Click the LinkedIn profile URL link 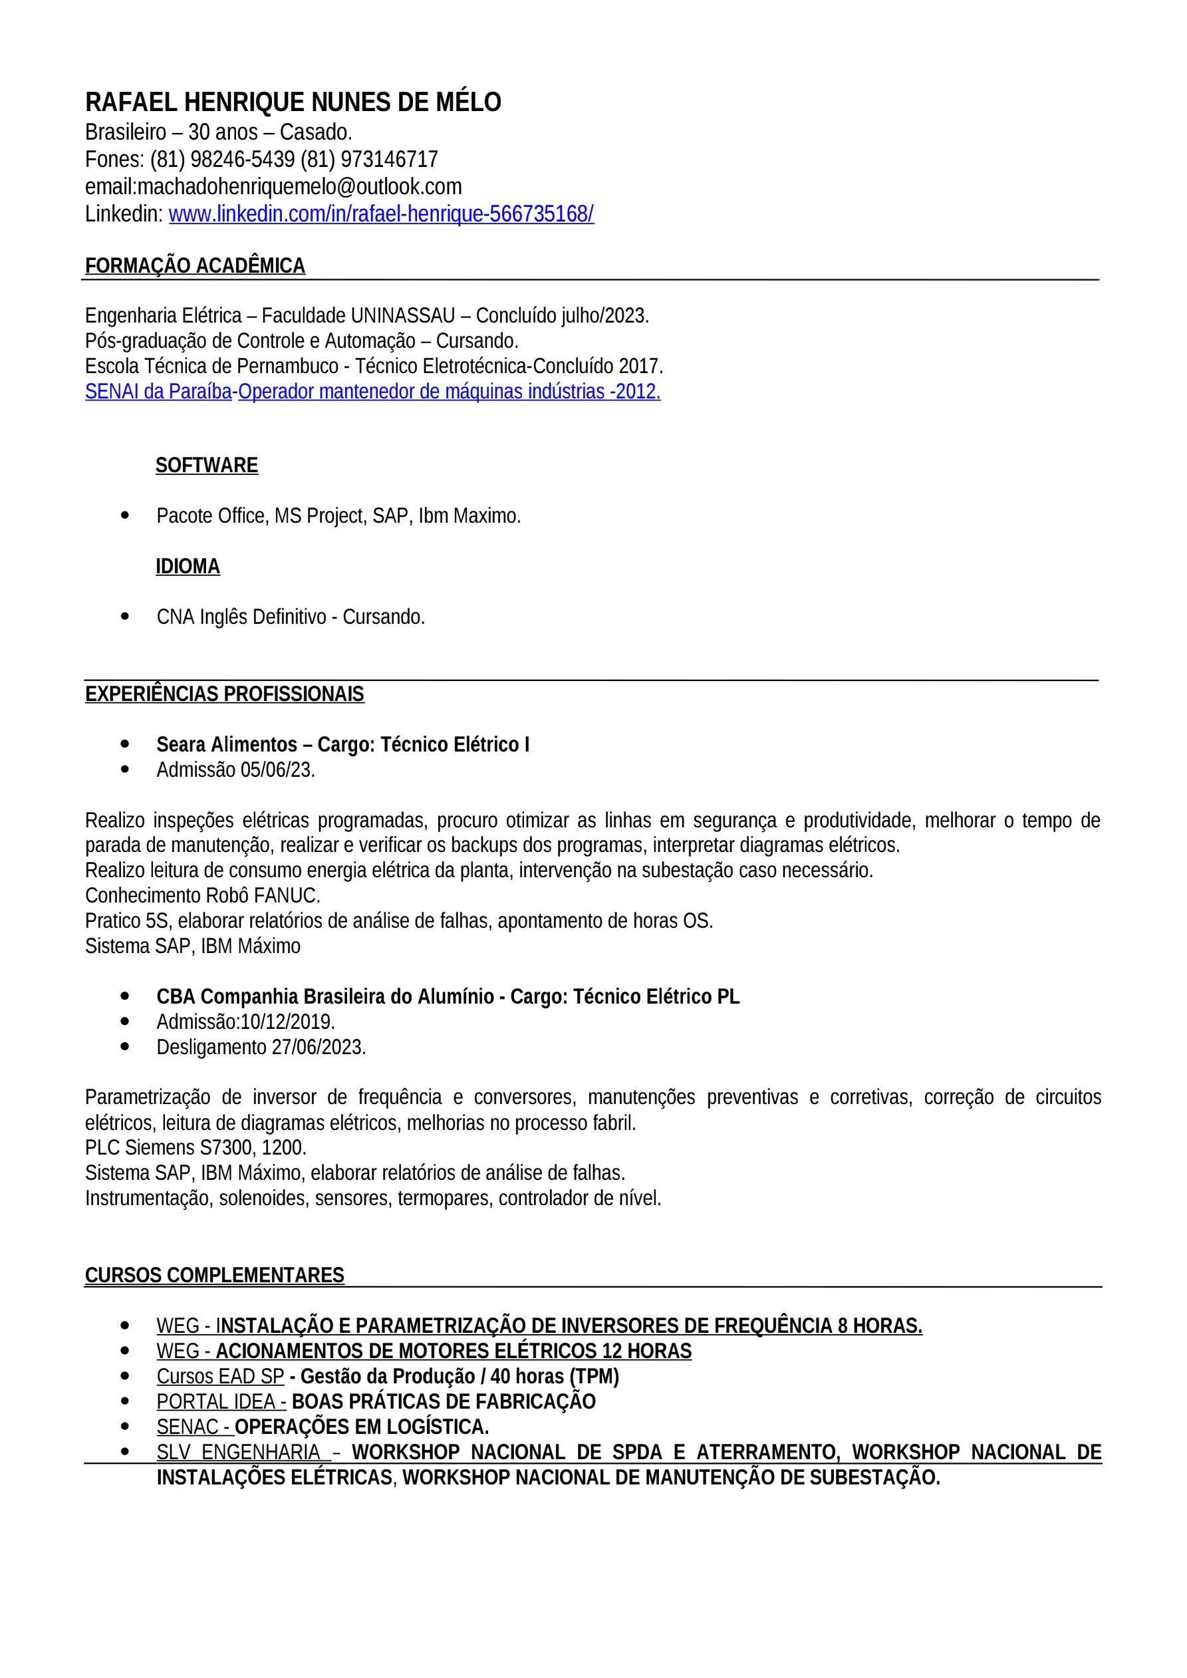(x=381, y=214)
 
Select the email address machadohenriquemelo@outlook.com (x=300, y=187)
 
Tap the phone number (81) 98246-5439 (x=223, y=160)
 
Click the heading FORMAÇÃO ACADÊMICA (x=195, y=266)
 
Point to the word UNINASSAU (x=403, y=316)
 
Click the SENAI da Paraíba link (x=158, y=392)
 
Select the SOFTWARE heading (x=207, y=466)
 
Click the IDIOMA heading (x=188, y=567)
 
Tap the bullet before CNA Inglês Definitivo (x=125, y=617)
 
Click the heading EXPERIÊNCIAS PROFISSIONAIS (x=224, y=694)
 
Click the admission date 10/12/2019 (x=287, y=1022)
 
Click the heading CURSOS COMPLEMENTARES (x=214, y=1276)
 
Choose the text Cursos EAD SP (x=220, y=1377)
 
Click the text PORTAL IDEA (x=216, y=1402)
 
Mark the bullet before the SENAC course (x=125, y=1427)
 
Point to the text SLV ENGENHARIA (x=239, y=1452)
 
